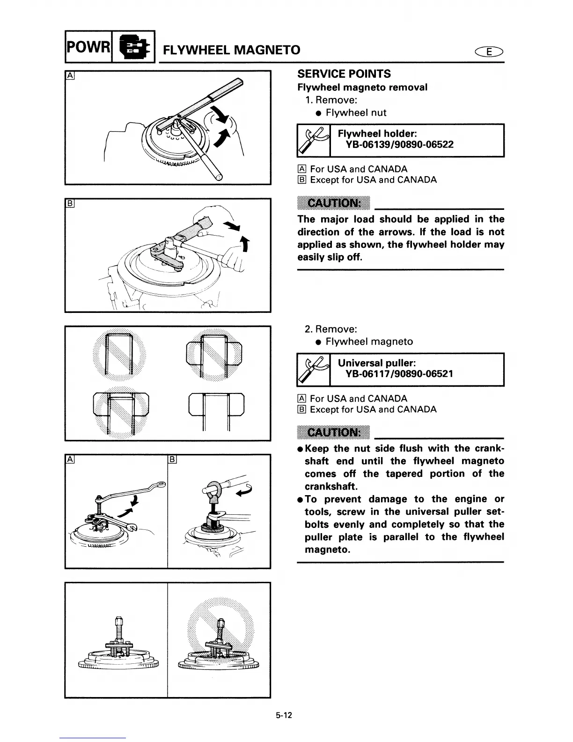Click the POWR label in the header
[88, 47]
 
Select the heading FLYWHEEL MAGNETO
[231, 50]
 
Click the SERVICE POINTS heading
[344, 74]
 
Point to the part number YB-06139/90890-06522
[399, 145]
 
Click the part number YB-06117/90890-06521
[399, 374]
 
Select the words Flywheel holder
[377, 134]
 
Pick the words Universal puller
[377, 363]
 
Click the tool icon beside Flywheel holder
[314, 141]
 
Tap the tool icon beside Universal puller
[314, 370]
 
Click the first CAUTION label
[333, 203]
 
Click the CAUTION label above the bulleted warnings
[333, 432]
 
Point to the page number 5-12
[284, 715]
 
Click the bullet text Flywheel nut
[356, 112]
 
